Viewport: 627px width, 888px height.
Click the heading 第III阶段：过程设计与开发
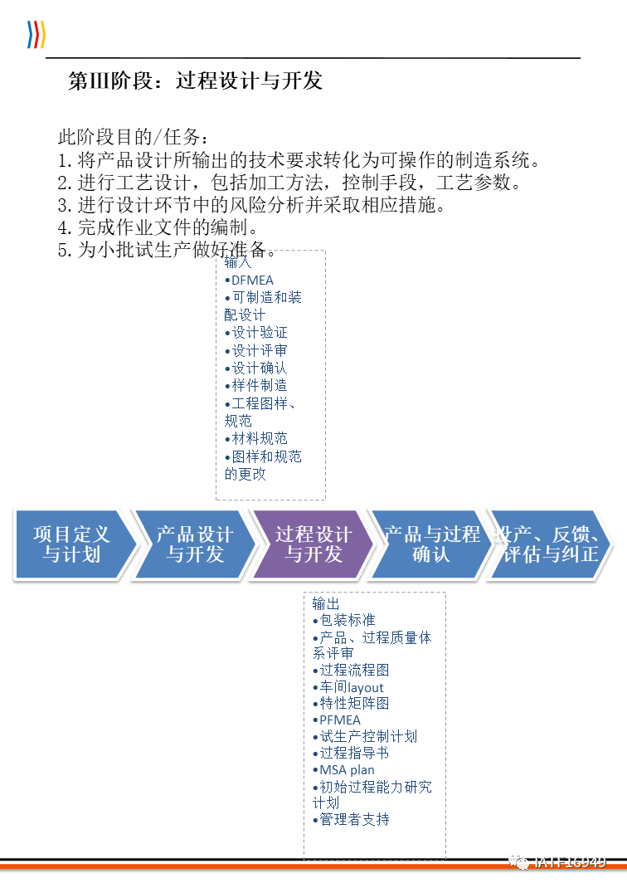[x=195, y=81]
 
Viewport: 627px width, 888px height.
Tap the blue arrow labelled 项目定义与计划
[x=71, y=544]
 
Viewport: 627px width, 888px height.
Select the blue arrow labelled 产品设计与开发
[x=194, y=544]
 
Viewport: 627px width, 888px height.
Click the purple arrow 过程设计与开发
[x=313, y=544]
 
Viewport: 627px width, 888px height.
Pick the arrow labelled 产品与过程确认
[x=431, y=544]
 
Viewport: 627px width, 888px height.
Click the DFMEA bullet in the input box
[x=250, y=281]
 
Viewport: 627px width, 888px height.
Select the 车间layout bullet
[x=349, y=687]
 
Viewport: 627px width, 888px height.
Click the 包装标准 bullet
[x=345, y=620]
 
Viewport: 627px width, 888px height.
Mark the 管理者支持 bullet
[x=352, y=819]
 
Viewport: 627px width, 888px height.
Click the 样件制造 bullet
[x=257, y=385]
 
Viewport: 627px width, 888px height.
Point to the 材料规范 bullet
[x=257, y=438]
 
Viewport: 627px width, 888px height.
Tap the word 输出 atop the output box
[x=326, y=603]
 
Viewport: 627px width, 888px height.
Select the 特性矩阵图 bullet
[x=352, y=703]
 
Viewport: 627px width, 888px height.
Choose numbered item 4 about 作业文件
[x=158, y=227]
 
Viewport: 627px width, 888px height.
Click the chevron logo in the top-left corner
[x=36, y=34]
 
